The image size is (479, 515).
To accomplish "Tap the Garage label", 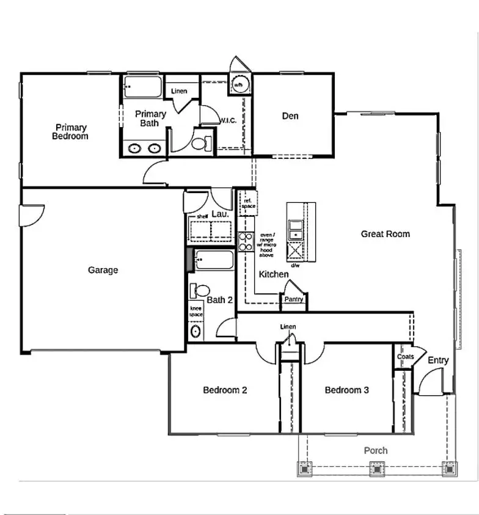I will [x=103, y=270].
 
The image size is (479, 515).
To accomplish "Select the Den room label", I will [x=290, y=115].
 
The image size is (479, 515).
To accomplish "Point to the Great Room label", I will [x=385, y=234].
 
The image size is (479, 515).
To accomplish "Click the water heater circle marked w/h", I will [x=238, y=84].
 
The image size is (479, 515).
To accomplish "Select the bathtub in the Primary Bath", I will [x=142, y=87].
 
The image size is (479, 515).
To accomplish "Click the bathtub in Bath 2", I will [x=214, y=261].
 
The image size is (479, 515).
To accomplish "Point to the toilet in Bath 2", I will [x=199, y=291].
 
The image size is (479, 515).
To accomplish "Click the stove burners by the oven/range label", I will [x=246, y=243].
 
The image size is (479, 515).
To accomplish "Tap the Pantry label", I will [x=294, y=300].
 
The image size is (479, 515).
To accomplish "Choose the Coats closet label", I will [x=404, y=357].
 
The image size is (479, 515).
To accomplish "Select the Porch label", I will [x=376, y=451].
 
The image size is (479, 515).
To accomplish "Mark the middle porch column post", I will [x=376, y=469].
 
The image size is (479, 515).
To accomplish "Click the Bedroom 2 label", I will [x=225, y=390].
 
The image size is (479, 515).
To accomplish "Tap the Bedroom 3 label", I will [x=346, y=390].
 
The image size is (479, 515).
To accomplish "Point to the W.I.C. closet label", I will [x=228, y=120].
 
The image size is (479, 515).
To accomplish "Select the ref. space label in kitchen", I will [x=248, y=203].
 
